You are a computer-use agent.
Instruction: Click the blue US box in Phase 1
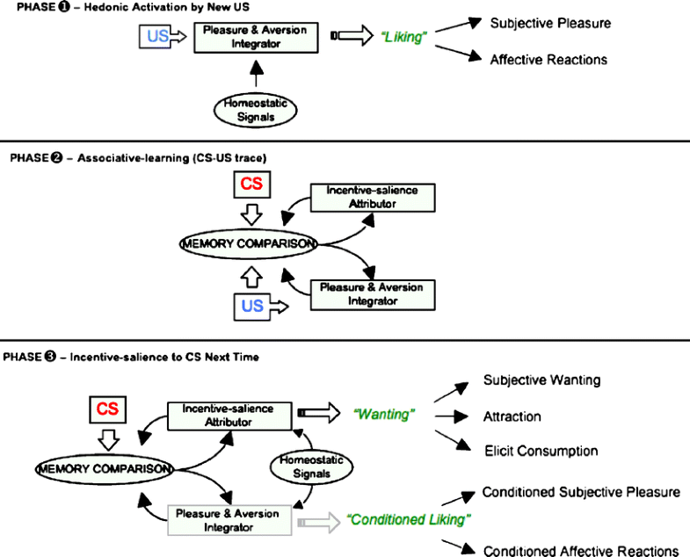tap(155, 37)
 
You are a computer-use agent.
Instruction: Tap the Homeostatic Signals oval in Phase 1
tap(255, 111)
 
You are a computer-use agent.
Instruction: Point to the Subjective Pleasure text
tap(550, 22)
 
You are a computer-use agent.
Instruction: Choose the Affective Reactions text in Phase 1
tap(549, 60)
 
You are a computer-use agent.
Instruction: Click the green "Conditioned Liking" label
tap(406, 519)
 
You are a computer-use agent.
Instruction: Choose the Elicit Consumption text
tap(541, 451)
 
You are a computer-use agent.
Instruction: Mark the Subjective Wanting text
tap(541, 380)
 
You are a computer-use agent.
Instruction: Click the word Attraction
tap(512, 416)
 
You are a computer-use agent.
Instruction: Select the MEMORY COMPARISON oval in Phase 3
tap(104, 468)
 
